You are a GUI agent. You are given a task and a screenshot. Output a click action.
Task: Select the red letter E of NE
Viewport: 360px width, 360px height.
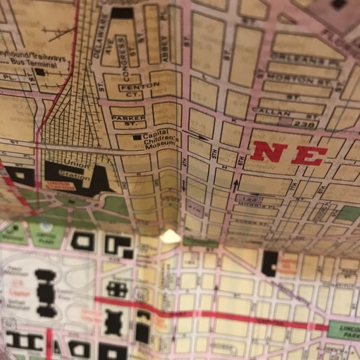tap(308, 155)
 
